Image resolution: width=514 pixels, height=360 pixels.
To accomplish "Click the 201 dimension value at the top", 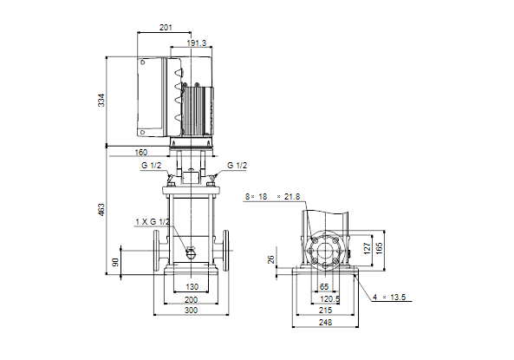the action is pos(166,28).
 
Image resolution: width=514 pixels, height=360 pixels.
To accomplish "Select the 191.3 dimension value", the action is pos(197,43).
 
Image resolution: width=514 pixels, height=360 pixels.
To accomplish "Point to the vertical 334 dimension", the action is pos(101,100).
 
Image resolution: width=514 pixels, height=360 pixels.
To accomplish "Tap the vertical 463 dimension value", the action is pos(101,210).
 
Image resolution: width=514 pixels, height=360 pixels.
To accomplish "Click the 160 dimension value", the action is pos(141,153).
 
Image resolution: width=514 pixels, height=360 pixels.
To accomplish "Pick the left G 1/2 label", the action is pos(151,166).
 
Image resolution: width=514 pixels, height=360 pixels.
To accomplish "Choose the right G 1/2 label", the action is pos(237,166).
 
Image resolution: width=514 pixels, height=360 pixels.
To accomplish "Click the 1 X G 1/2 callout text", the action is pos(153,222).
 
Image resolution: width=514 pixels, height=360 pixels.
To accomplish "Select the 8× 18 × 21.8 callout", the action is pos(272,197).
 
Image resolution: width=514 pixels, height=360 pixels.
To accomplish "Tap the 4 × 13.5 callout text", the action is pos(389,298).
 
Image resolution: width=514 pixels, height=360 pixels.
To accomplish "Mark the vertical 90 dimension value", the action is pos(115,262).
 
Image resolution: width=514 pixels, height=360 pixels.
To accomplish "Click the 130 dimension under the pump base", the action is pos(192,287).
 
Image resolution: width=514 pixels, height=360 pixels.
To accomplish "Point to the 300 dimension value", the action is pos(191,310).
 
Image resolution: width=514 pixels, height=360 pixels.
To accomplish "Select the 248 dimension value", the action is pos(325,323).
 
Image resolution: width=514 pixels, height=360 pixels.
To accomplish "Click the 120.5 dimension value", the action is pos(329,299).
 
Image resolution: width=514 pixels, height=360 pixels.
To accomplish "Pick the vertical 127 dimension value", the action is pos(367,248).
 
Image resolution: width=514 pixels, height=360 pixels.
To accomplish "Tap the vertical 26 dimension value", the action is pos(270,260).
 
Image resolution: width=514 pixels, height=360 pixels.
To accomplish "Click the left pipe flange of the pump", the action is pos(156,251).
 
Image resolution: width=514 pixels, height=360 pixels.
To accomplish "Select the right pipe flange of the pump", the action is pos(226,251).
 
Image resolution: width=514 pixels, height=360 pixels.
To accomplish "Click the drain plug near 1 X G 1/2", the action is pos(191,252).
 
